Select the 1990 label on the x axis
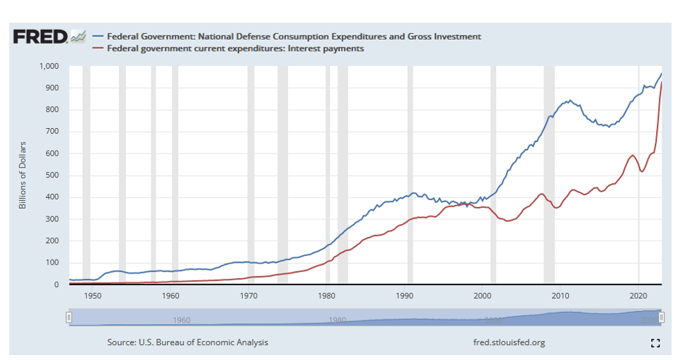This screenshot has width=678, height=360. [x=405, y=295]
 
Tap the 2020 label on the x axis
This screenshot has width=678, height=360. [x=638, y=295]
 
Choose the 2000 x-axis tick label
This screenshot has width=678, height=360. [x=483, y=295]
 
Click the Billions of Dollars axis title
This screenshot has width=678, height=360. [x=23, y=175]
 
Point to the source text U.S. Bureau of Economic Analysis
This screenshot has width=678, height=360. [x=188, y=342]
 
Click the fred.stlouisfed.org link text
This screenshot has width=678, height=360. [x=509, y=342]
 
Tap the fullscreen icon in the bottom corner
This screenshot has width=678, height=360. [x=655, y=343]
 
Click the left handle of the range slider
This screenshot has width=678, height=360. [x=69, y=318]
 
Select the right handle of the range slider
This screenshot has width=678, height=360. [x=661, y=318]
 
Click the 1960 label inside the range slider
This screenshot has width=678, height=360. [x=181, y=320]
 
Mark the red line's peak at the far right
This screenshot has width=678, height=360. [x=661, y=83]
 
